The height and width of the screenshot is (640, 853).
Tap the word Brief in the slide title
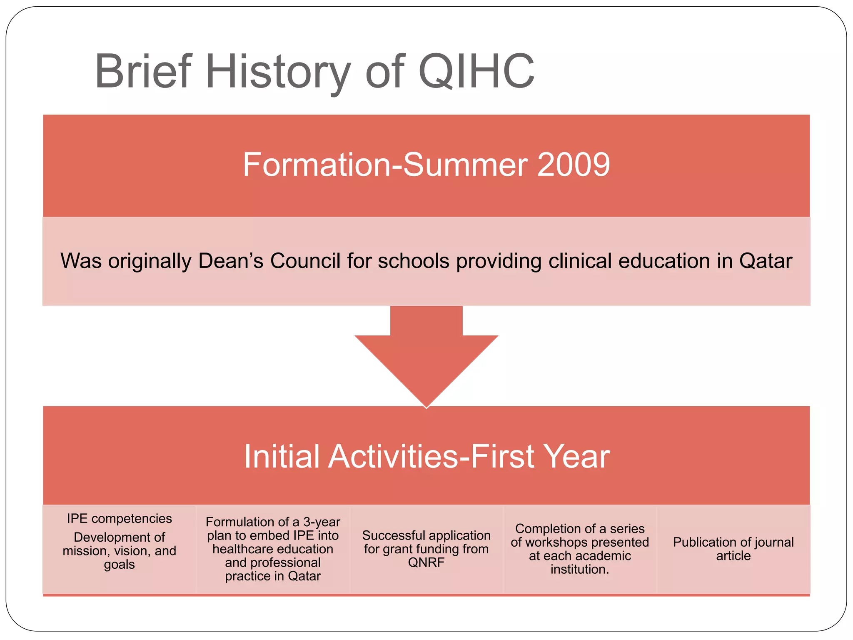tap(143, 72)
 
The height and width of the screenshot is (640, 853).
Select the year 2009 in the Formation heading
tap(574, 165)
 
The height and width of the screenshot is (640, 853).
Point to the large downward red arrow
tap(426, 358)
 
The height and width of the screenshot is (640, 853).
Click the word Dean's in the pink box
tap(231, 261)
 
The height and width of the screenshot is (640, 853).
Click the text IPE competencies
tap(119, 518)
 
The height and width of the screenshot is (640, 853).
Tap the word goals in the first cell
tap(119, 565)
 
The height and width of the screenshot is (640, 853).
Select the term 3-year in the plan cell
tap(322, 522)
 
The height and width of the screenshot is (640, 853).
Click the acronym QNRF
tap(426, 562)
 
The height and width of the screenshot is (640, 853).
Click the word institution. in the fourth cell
tap(580, 569)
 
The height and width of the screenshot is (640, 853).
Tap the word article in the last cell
tap(733, 556)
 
